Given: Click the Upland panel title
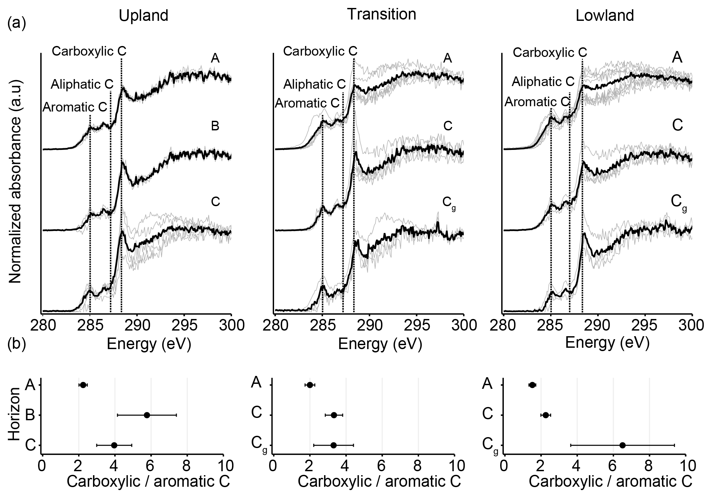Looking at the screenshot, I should [143, 16].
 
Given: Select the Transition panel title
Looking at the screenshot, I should [381, 14].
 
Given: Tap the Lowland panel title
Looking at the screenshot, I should [605, 16].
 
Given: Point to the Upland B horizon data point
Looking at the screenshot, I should [147, 415].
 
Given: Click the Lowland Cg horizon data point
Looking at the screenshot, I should [622, 445].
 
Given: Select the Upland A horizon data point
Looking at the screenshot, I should [83, 385].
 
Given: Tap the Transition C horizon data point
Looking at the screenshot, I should [334, 415].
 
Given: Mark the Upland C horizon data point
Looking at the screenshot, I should [114, 445].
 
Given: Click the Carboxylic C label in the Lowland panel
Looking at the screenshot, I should [550, 52].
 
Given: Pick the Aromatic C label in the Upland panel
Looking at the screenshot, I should [75, 107].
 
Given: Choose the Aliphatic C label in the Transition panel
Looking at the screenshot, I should [314, 84].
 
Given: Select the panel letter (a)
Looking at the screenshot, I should [17, 24].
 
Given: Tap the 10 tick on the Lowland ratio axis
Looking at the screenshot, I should [685, 466].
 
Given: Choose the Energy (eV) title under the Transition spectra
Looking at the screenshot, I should [380, 344].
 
